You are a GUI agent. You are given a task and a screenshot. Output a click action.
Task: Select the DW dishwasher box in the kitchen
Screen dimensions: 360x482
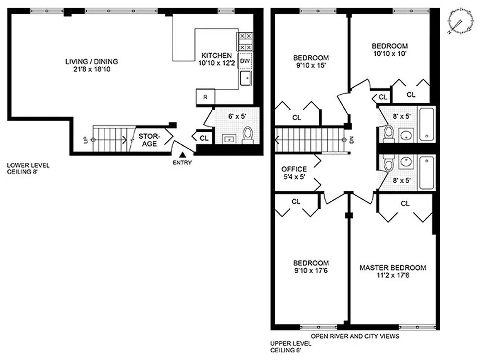[245, 60]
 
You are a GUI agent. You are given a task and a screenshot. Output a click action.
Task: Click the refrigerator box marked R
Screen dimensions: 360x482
[205, 97]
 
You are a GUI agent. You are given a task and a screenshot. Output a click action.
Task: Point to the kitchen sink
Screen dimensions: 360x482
[246, 78]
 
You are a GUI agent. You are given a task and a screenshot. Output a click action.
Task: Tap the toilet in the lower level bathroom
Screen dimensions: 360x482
[247, 135]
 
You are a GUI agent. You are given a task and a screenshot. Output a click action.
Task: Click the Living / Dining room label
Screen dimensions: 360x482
[91, 62]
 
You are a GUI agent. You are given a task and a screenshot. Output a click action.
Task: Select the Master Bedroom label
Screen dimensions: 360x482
[393, 268]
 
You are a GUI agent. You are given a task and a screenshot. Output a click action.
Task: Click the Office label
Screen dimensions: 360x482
[294, 169]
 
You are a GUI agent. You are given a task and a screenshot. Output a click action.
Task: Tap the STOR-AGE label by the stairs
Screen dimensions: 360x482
[147, 140]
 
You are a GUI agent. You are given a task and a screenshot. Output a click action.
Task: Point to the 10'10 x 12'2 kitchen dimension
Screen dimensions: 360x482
[216, 63]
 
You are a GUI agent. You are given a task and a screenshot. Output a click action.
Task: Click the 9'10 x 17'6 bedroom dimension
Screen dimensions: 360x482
[311, 270]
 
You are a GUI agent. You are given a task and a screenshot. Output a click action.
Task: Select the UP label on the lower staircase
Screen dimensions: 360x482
[85, 140]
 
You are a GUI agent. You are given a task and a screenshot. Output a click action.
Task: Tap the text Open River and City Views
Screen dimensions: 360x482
[355, 336]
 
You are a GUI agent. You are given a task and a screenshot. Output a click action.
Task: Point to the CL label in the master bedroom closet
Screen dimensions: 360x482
[405, 204]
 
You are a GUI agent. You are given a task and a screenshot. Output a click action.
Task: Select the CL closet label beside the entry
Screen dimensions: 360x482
[204, 138]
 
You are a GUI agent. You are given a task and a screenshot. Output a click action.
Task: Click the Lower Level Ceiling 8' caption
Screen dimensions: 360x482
[28, 168]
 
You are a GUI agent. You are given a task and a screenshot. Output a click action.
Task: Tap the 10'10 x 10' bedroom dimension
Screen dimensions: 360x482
[389, 54]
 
